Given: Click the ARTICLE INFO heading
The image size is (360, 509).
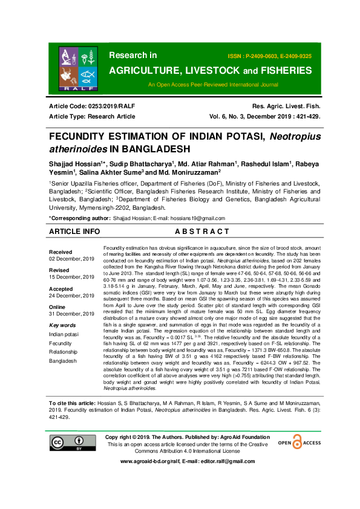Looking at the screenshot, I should (75, 232).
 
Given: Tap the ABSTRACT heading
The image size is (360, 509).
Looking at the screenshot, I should (201, 232).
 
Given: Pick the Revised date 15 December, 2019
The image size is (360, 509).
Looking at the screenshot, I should (71, 276).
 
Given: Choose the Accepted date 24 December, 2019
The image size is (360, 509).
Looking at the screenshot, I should (71, 296).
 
